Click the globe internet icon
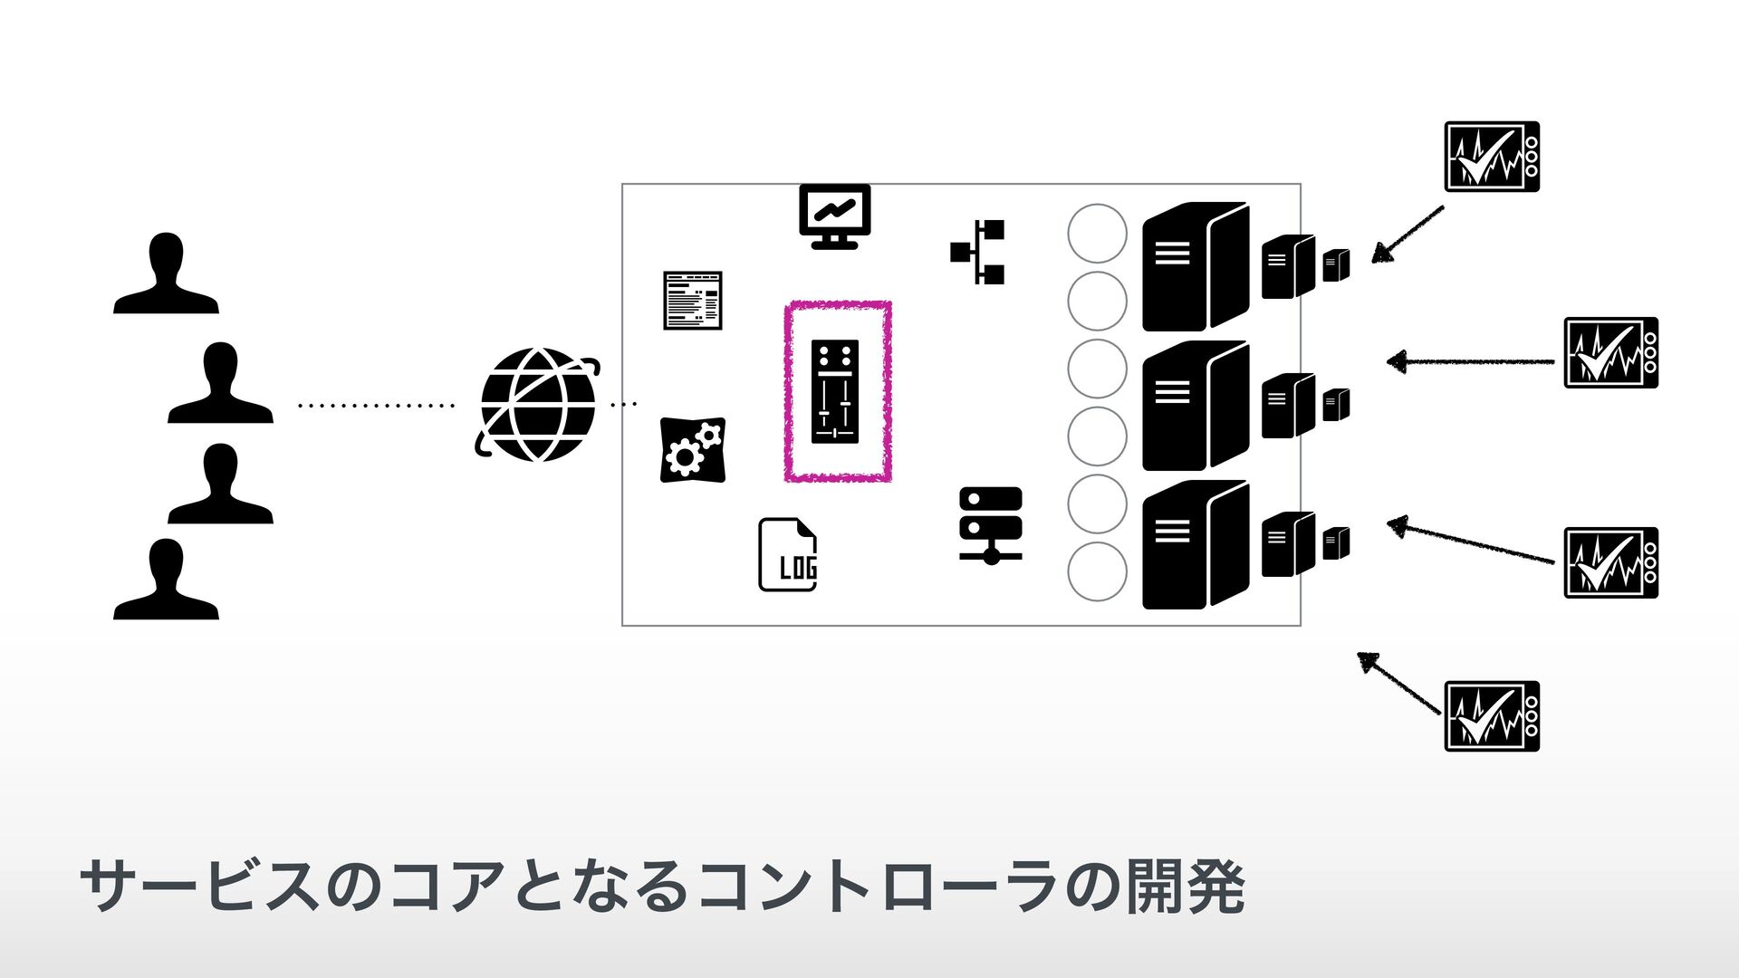click(538, 405)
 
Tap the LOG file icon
click(787, 555)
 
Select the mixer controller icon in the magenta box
click(834, 391)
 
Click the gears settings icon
click(693, 449)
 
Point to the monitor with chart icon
click(834, 216)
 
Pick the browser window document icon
click(693, 300)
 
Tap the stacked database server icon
click(990, 525)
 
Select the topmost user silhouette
click(166, 273)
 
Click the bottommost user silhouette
click(166, 580)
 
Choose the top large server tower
click(1195, 266)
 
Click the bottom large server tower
click(1195, 544)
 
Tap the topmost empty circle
click(1097, 234)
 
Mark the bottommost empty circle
click(1097, 571)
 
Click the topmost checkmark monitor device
click(1492, 157)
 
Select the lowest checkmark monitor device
click(1492, 716)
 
